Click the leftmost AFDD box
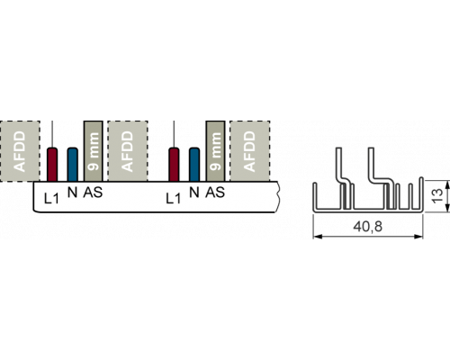click(x=20, y=151)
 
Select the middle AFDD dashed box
click(x=128, y=151)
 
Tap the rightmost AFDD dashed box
click(x=250, y=151)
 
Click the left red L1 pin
click(x=52, y=165)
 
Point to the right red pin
click(x=174, y=165)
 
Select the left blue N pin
click(x=73, y=165)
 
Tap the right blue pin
click(x=194, y=165)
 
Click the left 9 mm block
click(x=94, y=151)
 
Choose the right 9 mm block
click(x=215, y=151)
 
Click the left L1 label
click(x=51, y=198)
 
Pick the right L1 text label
click(x=174, y=198)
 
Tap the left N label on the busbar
click(x=73, y=193)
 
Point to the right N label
click(x=194, y=193)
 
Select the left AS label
click(x=93, y=193)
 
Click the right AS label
click(x=215, y=193)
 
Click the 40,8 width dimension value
click(x=368, y=227)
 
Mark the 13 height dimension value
click(x=438, y=195)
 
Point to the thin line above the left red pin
click(x=52, y=134)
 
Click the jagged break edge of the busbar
click(x=277, y=196)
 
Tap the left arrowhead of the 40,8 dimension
click(x=317, y=237)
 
